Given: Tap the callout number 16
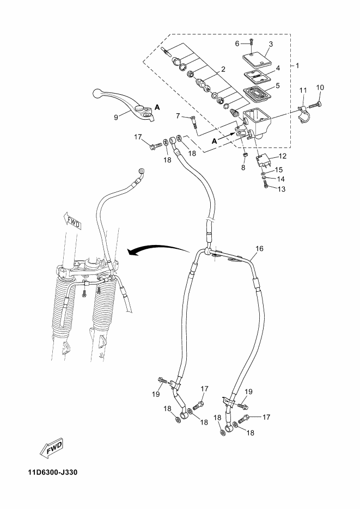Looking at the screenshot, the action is pyautogui.click(x=259, y=249).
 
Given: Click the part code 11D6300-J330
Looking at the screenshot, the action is pyautogui.click(x=52, y=472).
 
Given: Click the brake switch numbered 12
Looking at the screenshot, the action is pyautogui.click(x=265, y=161).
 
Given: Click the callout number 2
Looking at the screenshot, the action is pyautogui.click(x=223, y=69).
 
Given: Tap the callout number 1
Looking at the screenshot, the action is pyautogui.click(x=297, y=65).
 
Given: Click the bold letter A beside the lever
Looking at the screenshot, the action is pyautogui.click(x=157, y=107).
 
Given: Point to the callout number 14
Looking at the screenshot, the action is pyautogui.click(x=281, y=179).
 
